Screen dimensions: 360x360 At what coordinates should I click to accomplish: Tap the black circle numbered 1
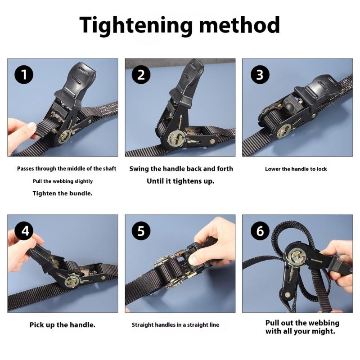coord(24,75)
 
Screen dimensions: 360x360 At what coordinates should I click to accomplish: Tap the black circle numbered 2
coord(141,75)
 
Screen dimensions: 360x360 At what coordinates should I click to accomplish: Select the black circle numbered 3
coord(259,75)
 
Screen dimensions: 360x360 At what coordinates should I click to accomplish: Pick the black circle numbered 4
coord(24,231)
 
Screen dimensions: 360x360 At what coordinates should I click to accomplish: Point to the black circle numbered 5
coord(141,231)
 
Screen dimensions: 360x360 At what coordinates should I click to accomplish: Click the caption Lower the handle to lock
coord(296,169)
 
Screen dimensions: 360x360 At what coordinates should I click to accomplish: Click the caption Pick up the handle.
coord(63,324)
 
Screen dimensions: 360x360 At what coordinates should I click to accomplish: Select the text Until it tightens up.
coord(180,181)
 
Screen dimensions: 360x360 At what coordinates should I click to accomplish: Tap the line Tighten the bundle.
coord(62,193)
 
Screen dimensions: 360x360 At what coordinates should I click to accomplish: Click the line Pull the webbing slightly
coord(63,181)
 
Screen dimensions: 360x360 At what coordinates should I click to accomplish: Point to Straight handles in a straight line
coord(175,324)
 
